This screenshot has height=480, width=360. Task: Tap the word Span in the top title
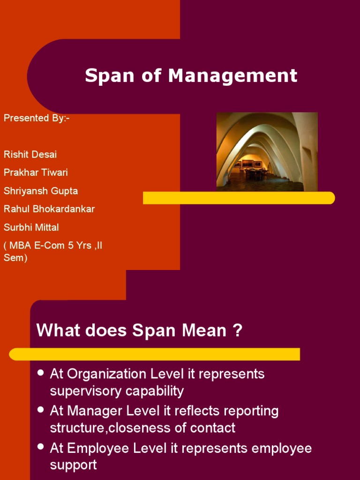tap(109, 76)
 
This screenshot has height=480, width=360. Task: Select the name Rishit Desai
tap(30, 154)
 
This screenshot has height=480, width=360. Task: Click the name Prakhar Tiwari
tap(36, 172)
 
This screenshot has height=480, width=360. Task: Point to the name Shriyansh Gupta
tap(41, 191)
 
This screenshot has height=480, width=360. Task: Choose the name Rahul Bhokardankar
tap(49, 209)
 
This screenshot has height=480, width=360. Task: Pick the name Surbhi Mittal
tap(31, 227)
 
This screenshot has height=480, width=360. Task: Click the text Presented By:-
tap(37, 118)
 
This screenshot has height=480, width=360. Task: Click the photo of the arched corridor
tap(267, 151)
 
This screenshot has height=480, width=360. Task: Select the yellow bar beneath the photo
tap(239, 198)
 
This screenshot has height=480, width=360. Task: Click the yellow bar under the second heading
tap(155, 354)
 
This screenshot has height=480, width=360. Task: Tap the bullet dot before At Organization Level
tap(40, 373)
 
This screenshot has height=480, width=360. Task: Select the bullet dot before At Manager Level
tap(40, 410)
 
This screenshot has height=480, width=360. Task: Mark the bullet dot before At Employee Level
tap(40, 447)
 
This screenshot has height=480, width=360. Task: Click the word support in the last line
tap(73, 465)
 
